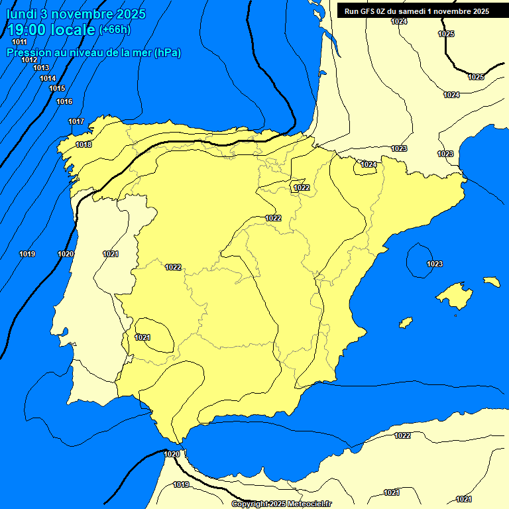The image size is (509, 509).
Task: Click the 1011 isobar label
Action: pos(20,42)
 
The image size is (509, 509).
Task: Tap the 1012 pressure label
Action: pos(29,60)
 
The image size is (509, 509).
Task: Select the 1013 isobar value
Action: pos(41,68)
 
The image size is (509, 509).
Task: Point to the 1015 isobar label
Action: pos(57,88)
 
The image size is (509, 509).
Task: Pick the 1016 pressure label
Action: pos(64,101)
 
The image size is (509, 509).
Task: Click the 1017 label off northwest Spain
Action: pos(76,121)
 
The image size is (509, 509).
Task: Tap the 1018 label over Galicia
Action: pos(84,144)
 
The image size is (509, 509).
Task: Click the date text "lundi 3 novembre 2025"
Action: pos(76,14)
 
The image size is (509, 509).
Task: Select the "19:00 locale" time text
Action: pos(51,29)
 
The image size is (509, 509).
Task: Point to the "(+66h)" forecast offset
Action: pos(115,29)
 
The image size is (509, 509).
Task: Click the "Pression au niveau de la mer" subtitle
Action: pos(93,52)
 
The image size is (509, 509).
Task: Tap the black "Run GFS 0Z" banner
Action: pos(417,11)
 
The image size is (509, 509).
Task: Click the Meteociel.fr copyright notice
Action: pos(281,504)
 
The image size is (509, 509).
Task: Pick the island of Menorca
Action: pos(491,282)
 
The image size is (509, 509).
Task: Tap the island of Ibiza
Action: pos(406,322)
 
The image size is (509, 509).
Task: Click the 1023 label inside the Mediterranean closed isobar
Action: pos(434,264)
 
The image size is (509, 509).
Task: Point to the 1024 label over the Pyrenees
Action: pos(368,164)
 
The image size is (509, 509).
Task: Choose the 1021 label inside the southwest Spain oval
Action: pos(142,337)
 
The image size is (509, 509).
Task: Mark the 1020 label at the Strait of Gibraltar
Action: pos(171,454)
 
